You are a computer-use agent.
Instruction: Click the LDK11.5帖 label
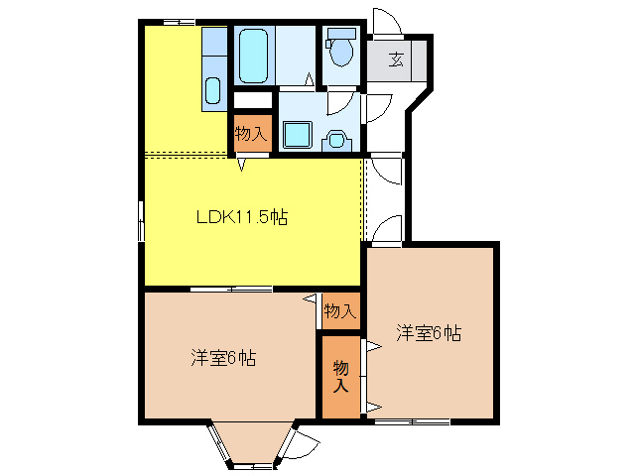[240, 218]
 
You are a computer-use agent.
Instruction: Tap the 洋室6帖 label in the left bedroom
[223, 358]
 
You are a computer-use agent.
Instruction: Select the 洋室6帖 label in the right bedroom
[429, 333]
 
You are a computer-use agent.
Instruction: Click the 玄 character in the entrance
[396, 59]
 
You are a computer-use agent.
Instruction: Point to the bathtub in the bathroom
[254, 56]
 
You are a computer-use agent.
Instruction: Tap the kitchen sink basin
[214, 90]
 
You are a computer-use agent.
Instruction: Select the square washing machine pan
[296, 134]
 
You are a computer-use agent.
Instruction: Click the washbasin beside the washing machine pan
[338, 139]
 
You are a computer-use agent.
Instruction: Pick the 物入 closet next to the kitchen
[250, 133]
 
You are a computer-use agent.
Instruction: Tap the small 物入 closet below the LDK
[339, 310]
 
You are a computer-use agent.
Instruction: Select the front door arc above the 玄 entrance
[384, 23]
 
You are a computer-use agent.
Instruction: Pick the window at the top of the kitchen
[179, 21]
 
